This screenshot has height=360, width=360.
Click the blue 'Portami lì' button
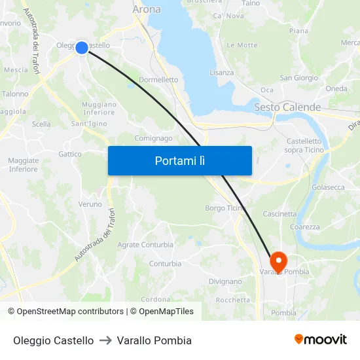click(179, 160)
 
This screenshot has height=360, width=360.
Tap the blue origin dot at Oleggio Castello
click(82, 47)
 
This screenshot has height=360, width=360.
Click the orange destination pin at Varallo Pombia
click(279, 262)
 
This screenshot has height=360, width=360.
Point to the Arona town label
click(146, 10)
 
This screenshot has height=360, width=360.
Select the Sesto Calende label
click(287, 107)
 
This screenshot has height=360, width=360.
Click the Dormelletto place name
click(158, 80)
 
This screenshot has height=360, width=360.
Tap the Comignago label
click(153, 139)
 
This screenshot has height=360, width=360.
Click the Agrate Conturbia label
click(145, 245)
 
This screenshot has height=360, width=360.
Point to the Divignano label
click(225, 281)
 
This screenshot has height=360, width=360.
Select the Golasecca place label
click(328, 187)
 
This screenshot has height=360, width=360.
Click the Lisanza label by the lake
click(221, 73)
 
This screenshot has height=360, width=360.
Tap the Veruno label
click(90, 204)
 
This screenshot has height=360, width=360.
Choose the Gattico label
click(70, 154)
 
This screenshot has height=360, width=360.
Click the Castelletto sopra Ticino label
click(303, 145)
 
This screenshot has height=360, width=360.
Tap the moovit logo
click(321, 340)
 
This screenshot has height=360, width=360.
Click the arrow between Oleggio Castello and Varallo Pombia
click(105, 340)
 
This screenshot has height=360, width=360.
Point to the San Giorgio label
click(299, 78)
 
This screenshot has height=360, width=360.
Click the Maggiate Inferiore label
click(23, 164)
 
